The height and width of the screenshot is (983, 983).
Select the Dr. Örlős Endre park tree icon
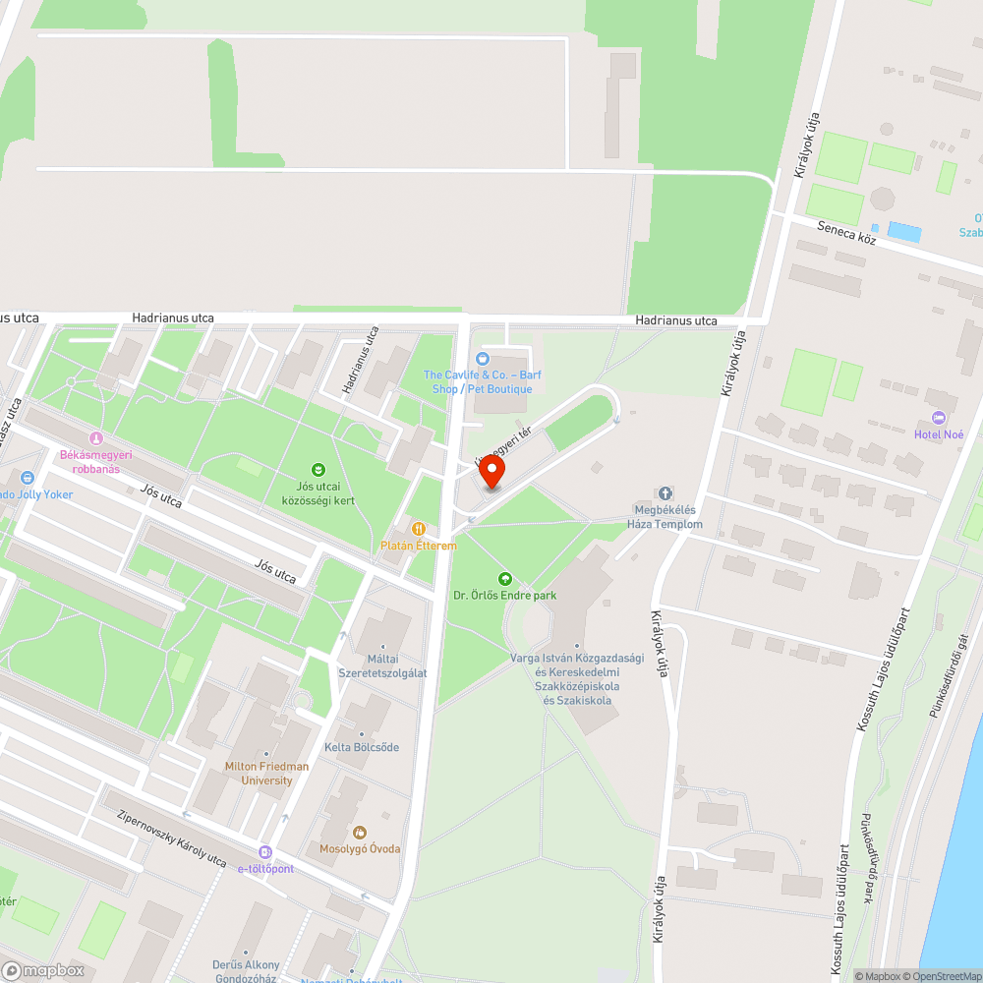[505, 579]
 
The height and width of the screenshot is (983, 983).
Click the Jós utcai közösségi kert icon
[318, 470]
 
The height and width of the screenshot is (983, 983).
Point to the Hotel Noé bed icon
[939, 419]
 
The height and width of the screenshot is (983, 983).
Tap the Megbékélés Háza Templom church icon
[665, 493]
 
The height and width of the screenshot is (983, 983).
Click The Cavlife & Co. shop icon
[482, 359]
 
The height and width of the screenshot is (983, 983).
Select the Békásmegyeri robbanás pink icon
[95, 438]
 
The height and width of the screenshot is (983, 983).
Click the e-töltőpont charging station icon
[264, 852]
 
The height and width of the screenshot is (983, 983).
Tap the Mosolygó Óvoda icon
[359, 833]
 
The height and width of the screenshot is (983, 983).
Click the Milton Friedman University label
[266, 774]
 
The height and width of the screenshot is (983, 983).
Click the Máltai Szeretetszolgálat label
[382, 665]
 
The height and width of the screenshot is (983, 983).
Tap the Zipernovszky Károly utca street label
[171, 838]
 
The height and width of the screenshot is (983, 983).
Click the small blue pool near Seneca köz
[904, 232]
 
